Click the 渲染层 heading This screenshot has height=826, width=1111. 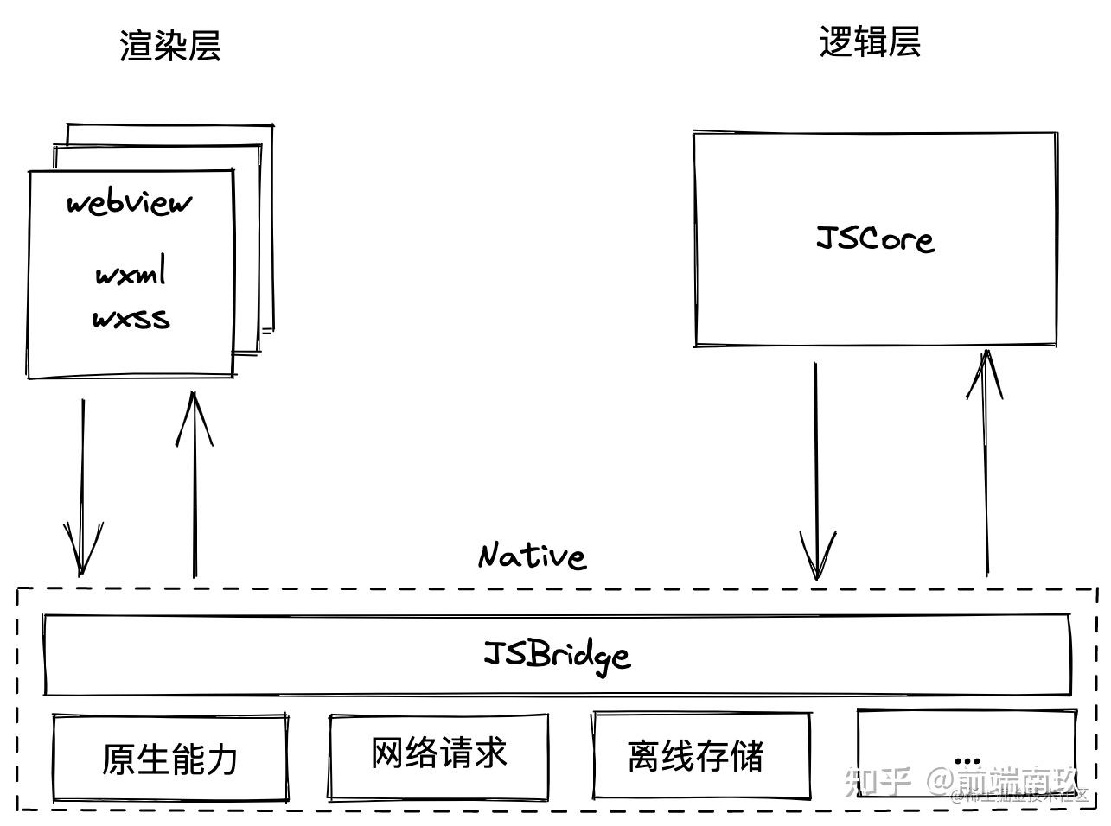point(170,46)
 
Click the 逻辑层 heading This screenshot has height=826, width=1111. point(870,41)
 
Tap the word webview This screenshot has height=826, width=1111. point(130,204)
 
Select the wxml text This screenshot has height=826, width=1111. point(130,274)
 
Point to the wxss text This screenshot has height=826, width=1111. point(131,319)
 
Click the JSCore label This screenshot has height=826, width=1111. point(875,238)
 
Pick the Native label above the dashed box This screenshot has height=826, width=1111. point(533,556)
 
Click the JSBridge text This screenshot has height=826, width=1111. point(557,654)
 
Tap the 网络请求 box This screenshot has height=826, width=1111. point(438,755)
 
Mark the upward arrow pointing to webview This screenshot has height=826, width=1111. point(195,484)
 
